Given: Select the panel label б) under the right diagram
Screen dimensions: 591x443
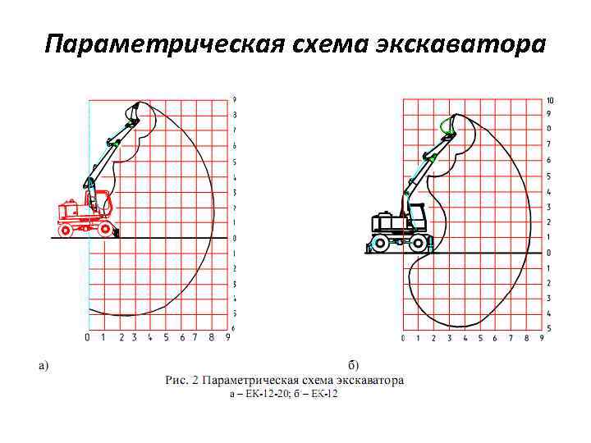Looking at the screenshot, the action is click(x=352, y=365).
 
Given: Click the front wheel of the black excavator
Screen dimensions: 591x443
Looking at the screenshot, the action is click(x=419, y=242).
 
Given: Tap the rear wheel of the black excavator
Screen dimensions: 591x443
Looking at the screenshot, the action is click(x=378, y=243).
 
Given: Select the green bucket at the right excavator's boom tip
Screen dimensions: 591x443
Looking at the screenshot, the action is click(x=447, y=126).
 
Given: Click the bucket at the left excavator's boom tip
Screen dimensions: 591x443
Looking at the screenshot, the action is click(x=135, y=112).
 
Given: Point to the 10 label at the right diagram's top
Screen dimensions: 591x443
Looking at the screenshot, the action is click(x=550, y=100).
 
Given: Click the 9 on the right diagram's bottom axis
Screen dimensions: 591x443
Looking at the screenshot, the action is click(x=542, y=338).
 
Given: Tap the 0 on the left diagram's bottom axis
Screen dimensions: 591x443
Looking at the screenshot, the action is click(x=88, y=336).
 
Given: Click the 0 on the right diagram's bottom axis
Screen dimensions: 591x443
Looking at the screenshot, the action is click(x=403, y=338).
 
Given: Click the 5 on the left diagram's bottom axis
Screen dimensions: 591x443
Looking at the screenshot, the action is click(x=166, y=336).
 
